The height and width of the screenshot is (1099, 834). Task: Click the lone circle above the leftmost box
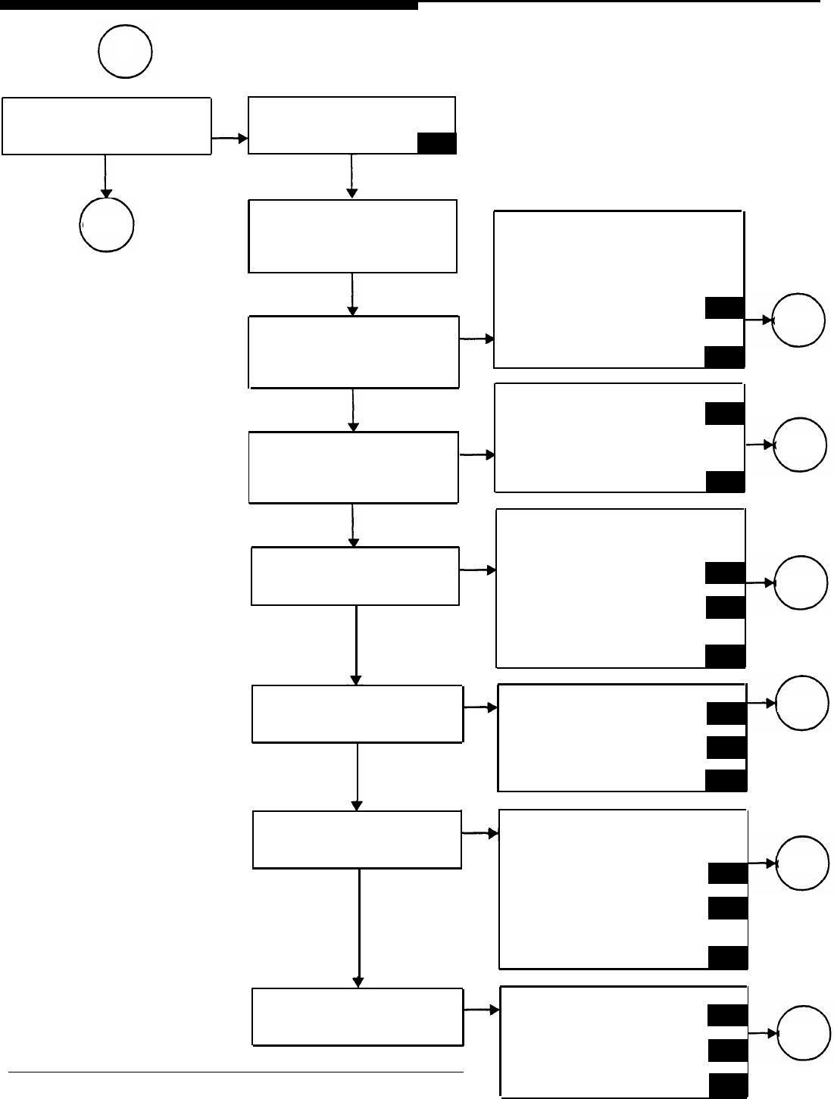(125, 52)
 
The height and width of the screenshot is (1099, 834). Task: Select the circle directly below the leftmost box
(107, 224)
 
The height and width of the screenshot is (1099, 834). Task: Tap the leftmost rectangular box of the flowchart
(106, 126)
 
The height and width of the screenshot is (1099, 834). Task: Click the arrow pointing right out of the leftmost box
(230, 139)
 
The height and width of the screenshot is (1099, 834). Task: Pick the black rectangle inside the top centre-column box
(436, 143)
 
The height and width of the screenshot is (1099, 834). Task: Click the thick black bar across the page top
(208, 5)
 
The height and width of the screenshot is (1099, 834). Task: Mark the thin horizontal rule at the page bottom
(235, 1072)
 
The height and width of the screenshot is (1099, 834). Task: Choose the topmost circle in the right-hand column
(798, 320)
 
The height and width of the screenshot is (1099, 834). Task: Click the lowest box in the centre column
(357, 1017)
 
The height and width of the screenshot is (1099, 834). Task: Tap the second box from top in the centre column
(352, 236)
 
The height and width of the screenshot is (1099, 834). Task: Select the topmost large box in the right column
(619, 289)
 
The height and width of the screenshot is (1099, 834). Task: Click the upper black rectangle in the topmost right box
(724, 308)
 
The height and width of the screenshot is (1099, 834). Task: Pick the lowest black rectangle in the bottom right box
(728, 1085)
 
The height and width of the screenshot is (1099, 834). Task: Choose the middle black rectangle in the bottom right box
(728, 1050)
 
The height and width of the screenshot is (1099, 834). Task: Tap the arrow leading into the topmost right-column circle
(758, 320)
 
